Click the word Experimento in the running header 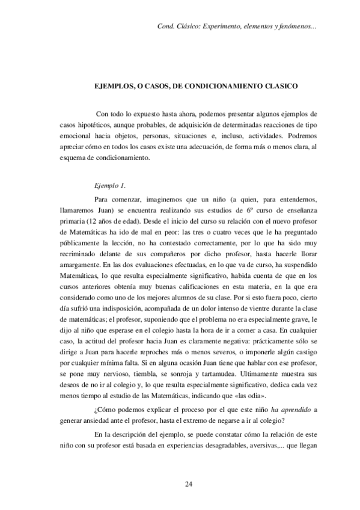click(222, 27)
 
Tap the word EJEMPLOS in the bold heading click(115, 87)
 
